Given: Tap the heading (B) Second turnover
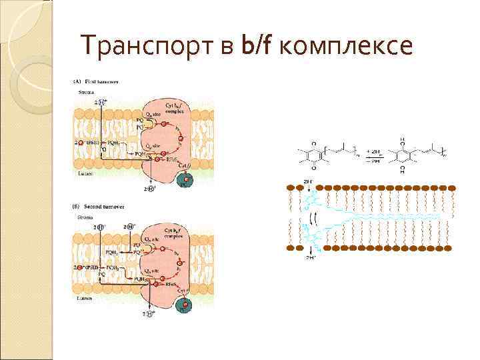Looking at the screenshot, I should [101, 205].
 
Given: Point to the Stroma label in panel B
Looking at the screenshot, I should [85, 216].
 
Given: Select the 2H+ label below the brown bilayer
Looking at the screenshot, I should [310, 257].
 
